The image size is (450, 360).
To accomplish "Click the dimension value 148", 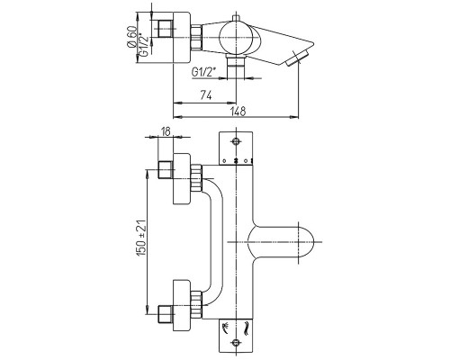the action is point(238,111).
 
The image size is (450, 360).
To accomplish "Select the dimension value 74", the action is point(206,96).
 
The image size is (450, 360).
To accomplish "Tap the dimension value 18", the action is point(166,131).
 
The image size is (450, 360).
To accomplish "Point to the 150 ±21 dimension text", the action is point(141,238).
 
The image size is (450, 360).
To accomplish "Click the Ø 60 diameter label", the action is point(132,37).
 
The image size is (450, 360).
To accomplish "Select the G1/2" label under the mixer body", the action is point(203,72).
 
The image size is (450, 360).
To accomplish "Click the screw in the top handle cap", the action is point(236,141).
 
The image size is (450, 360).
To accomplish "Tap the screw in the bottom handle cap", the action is point(236,341).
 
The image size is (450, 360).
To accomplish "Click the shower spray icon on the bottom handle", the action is point(225,327).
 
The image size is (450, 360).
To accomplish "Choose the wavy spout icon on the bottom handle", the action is point(247,328).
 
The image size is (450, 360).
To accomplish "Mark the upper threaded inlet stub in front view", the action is point(166,170).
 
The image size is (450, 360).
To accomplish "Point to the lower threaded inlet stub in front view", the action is point(166,314).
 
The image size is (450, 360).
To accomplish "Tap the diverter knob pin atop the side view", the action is point(236,18).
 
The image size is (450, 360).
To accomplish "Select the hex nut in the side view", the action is point(196,38).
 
